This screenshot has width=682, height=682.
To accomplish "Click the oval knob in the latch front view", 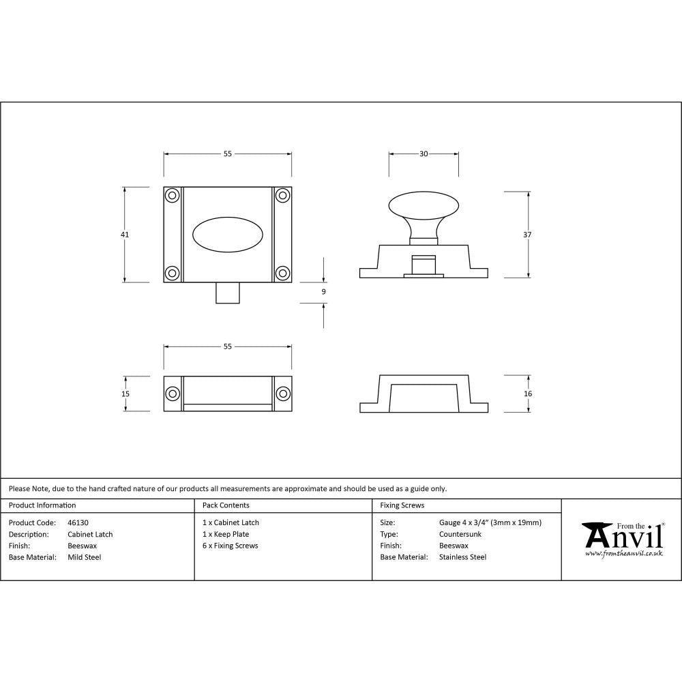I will click(x=227, y=235).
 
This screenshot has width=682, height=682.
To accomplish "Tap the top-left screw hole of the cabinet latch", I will click(x=173, y=196).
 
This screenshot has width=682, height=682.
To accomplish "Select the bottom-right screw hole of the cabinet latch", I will click(x=282, y=273).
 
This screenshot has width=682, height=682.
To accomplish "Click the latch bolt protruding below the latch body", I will click(x=227, y=293).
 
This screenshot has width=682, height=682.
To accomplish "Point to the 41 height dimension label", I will click(x=125, y=235).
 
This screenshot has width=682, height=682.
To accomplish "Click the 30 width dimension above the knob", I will click(x=424, y=154).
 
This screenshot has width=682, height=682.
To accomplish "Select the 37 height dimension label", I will click(x=528, y=235).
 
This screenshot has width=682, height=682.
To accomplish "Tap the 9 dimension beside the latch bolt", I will click(x=323, y=292).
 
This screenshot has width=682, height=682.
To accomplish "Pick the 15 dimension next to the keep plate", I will click(x=125, y=394).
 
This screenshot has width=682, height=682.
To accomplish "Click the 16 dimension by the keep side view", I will click(x=528, y=394).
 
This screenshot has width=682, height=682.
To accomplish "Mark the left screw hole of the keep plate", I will click(x=173, y=394).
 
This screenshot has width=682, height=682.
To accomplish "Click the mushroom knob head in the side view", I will click(x=424, y=205).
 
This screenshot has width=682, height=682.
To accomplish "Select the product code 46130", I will click(x=78, y=523).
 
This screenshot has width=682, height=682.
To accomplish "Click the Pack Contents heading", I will click(x=226, y=505).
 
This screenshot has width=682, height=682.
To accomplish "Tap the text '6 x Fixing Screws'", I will click(x=231, y=546).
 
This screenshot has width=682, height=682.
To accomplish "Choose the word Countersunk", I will click(x=460, y=534).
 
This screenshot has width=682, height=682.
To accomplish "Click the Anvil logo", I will click(x=623, y=539).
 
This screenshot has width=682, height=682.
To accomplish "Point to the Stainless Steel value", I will click(x=463, y=557).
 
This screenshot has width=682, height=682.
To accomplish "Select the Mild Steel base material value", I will click(x=85, y=557).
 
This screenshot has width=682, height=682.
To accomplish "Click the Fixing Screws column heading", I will click(x=402, y=505).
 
